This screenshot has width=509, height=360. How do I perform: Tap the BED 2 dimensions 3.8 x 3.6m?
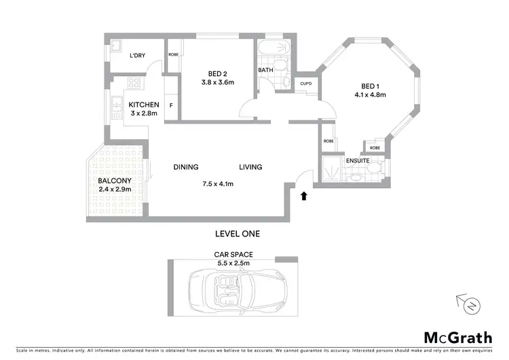coord(217,83)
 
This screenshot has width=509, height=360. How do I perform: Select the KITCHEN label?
coord(144,105)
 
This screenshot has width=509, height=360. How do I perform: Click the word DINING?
coord(185,167)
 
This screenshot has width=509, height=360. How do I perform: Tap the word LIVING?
coord(250,167)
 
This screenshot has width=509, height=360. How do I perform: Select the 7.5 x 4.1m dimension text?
coord(217,183)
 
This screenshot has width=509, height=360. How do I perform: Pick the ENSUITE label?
coord(357,161)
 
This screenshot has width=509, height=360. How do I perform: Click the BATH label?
coord(265,70)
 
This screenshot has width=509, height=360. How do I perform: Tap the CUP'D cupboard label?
coord(305,84)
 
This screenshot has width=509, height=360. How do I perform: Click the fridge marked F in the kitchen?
coord(171,105)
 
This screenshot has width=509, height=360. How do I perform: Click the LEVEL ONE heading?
coord(237,234)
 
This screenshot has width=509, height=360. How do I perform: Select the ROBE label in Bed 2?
coord(174,54)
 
